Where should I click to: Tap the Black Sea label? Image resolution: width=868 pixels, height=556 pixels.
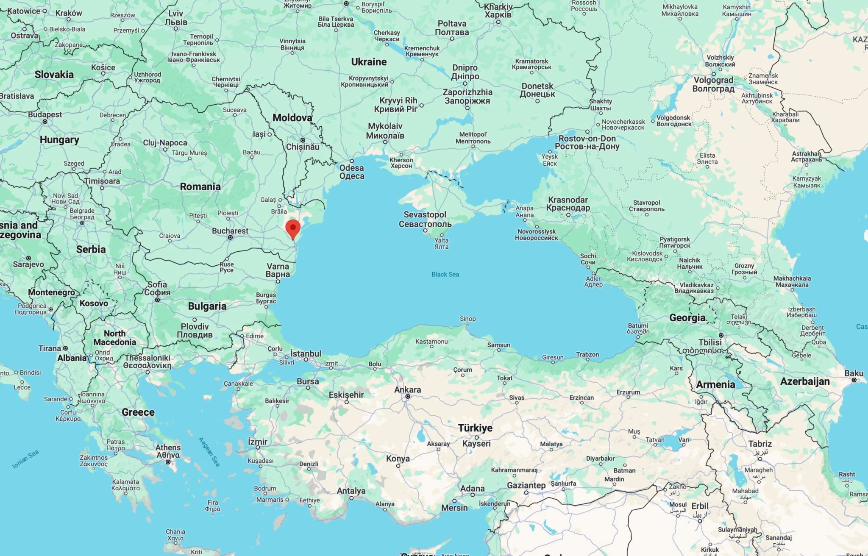point(445,274)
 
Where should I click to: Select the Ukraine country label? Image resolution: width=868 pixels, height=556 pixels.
point(369,62)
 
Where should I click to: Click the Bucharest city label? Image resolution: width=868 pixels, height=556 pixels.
point(230,231)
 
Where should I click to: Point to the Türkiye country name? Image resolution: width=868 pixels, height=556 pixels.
point(475,428)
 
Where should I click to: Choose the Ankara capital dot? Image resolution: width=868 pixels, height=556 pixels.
point(408,397)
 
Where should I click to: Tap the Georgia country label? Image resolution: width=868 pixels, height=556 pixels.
point(687,318)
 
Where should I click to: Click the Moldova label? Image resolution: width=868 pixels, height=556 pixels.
point(292,118)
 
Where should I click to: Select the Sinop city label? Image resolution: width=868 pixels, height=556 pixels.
point(468,319)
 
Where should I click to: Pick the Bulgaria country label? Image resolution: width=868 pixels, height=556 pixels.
point(207,306)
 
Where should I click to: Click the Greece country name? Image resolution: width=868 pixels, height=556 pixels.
point(138,412)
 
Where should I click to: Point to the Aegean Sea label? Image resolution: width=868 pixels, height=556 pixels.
point(209,452)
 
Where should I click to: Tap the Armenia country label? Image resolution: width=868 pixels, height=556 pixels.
point(715,384)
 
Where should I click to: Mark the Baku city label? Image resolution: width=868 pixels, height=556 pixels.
point(854,373)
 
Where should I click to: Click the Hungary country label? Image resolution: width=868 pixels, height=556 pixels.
point(59,140)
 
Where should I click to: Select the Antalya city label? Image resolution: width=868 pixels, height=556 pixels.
point(351,491)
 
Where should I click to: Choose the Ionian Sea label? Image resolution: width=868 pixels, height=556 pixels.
point(26,459)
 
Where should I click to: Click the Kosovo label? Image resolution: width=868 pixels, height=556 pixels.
point(94,303)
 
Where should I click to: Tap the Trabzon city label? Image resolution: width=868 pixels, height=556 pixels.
point(587,354)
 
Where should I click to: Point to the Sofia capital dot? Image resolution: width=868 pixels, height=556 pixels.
point(157,300)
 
